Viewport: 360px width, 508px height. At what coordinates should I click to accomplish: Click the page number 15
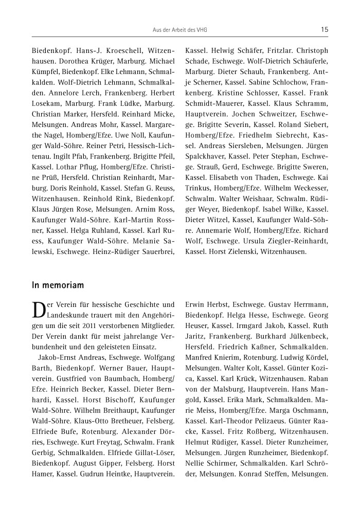[324, 29]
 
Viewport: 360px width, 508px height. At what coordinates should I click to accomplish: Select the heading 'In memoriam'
[58, 284]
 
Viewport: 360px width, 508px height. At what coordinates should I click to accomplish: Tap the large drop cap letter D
[39, 310]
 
